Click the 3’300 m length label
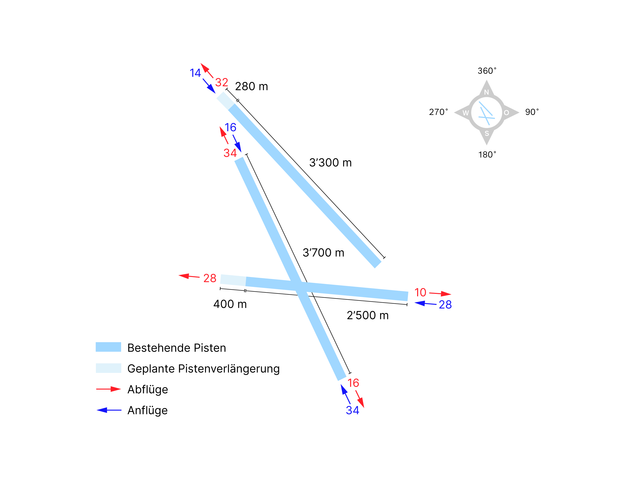point(330,163)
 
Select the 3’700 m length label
point(323,253)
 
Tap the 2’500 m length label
point(368,316)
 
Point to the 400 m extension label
point(230,304)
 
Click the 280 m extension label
point(252,86)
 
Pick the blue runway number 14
point(195,73)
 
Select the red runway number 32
point(222,82)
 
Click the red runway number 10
point(420,292)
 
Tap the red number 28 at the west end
point(210,278)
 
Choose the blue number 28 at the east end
point(445,305)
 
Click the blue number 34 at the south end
point(353,410)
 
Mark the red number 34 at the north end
point(230,153)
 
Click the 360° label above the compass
point(487,71)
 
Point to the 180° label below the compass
point(487,155)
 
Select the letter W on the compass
point(466,113)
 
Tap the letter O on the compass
point(506,113)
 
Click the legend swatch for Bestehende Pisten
point(108,347)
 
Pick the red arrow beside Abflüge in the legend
point(108,389)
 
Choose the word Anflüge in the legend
point(148,411)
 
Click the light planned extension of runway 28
point(233,280)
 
